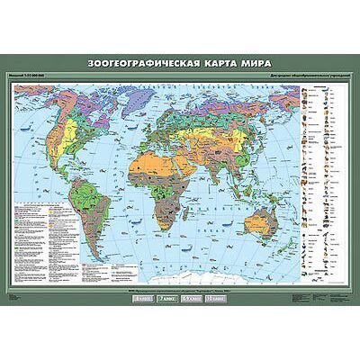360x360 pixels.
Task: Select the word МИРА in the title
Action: pyautogui.click(x=251, y=64)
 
